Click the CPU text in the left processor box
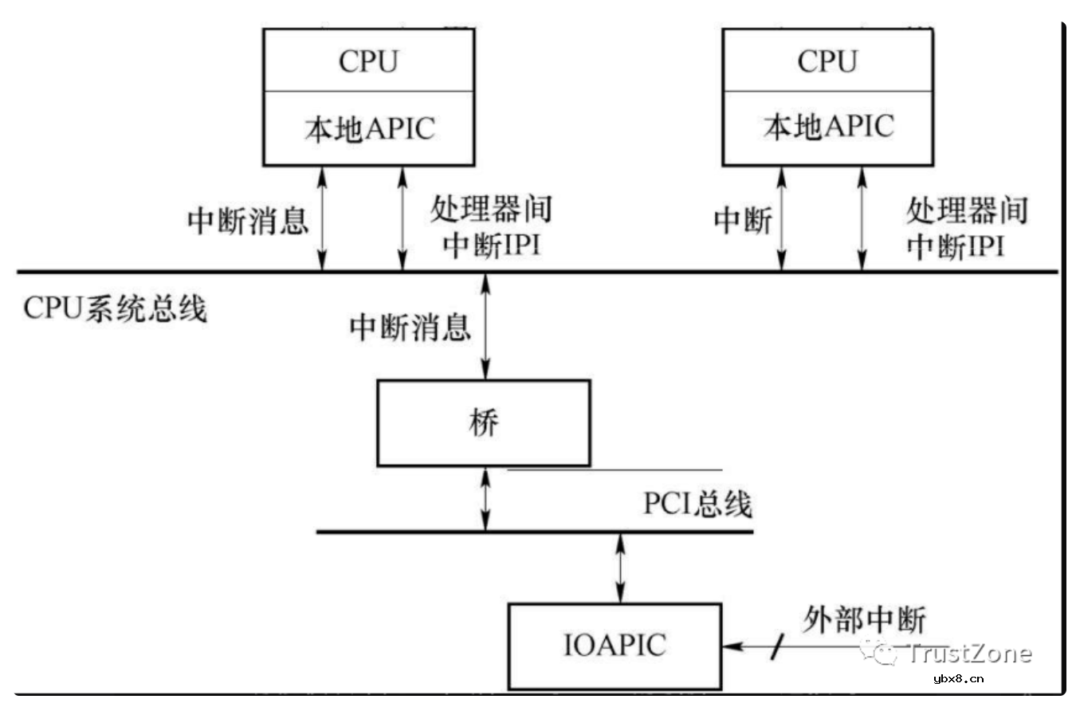click(x=368, y=61)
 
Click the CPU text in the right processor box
click(x=827, y=61)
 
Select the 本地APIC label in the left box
click(x=368, y=128)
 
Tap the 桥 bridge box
click(x=483, y=423)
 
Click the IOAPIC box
click(x=615, y=645)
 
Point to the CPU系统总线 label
click(x=115, y=308)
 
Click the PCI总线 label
click(x=697, y=505)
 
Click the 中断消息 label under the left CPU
click(x=248, y=221)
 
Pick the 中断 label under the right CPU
click(x=743, y=221)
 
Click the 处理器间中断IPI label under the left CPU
click(x=491, y=228)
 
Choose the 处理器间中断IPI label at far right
click(x=967, y=228)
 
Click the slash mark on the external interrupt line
click(x=774, y=647)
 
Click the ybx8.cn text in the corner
click(x=958, y=679)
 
